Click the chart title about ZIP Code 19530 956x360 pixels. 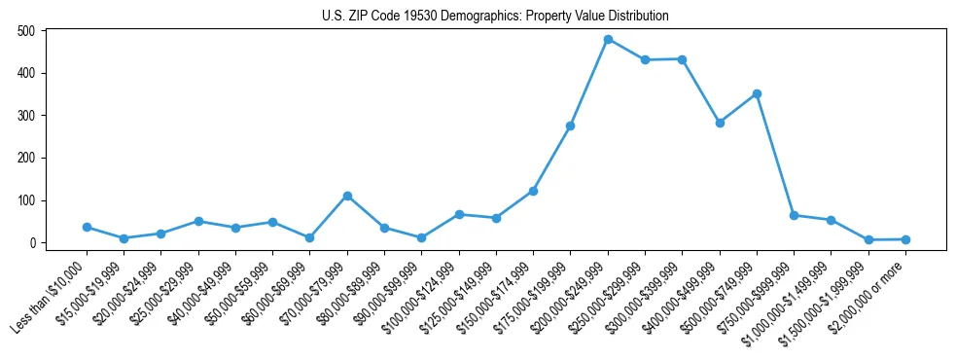pyautogui.click(x=495, y=16)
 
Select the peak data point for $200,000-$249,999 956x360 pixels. pyautogui.click(x=608, y=40)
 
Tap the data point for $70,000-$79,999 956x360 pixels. pyautogui.click(x=347, y=196)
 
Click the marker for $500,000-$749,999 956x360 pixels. pyautogui.click(x=757, y=93)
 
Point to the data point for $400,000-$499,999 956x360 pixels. pyautogui.click(x=720, y=123)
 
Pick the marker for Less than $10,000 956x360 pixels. pyautogui.click(x=87, y=227)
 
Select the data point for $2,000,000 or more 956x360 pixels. pyautogui.click(x=905, y=239)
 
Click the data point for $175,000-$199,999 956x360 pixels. pyautogui.click(x=571, y=126)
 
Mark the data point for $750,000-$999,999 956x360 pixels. pyautogui.click(x=794, y=215)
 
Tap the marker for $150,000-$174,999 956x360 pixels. pyautogui.click(x=533, y=191)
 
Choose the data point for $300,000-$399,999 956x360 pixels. pyautogui.click(x=683, y=59)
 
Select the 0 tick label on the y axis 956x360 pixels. pyautogui.click(x=32, y=243)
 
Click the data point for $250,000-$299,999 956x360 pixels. pyautogui.click(x=645, y=59)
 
